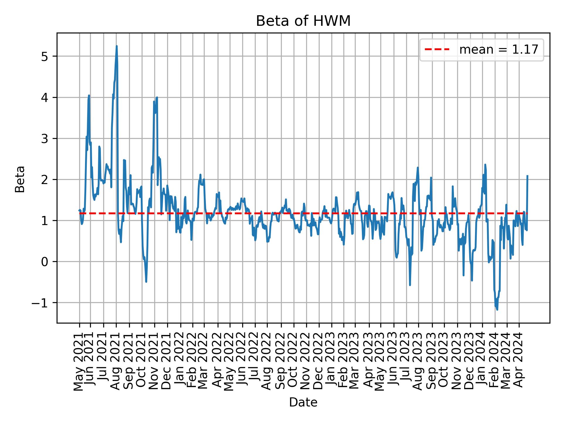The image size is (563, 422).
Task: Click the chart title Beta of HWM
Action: click(303, 21)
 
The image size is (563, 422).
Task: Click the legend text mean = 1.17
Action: click(498, 50)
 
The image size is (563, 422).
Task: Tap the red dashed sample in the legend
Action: click(437, 50)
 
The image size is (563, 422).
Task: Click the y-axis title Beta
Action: click(20, 179)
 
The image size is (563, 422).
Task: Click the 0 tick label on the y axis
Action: click(45, 262)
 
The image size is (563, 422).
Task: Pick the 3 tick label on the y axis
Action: click(45, 139)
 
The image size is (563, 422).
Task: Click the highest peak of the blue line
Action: click(117, 46)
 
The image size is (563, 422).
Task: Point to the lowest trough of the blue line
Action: click(497, 309)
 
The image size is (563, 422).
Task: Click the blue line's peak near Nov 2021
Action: click(157, 98)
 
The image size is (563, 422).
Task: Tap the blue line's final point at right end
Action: click(528, 176)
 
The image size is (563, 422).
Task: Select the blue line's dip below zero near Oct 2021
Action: click(146, 282)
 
